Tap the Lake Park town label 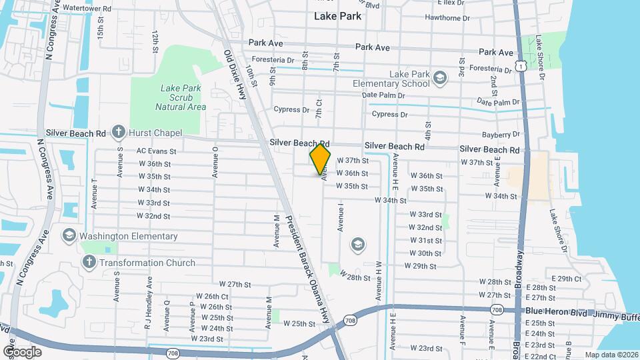point(338,16)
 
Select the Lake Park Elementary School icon point(439,79)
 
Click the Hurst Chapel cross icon point(119,131)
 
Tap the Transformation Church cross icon point(90,262)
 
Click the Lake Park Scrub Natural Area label point(180,97)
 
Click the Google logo point(22,351)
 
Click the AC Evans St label point(156,151)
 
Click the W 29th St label point(420,266)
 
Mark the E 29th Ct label point(567,279)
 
